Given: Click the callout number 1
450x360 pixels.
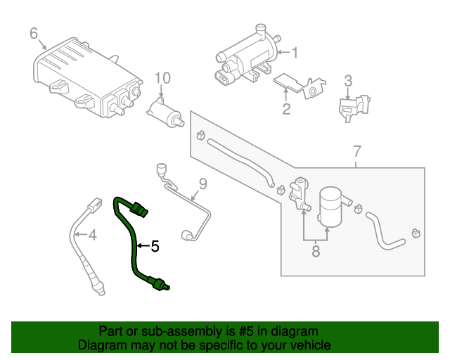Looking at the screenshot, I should [x=295, y=52].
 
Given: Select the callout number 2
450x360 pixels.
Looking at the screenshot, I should [x=286, y=108].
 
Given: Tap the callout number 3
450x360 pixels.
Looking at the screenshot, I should [x=347, y=82].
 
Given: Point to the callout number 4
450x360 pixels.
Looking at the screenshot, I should [x=91, y=234].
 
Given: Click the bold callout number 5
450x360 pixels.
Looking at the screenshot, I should [x=155, y=246].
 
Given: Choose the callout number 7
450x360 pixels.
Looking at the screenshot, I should [x=356, y=151].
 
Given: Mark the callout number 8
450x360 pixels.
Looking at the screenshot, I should [x=316, y=250].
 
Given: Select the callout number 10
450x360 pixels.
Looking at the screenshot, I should [x=162, y=77].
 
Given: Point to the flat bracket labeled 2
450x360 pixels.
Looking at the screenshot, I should [x=299, y=86].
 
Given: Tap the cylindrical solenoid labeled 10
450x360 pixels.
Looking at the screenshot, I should [x=165, y=114].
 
